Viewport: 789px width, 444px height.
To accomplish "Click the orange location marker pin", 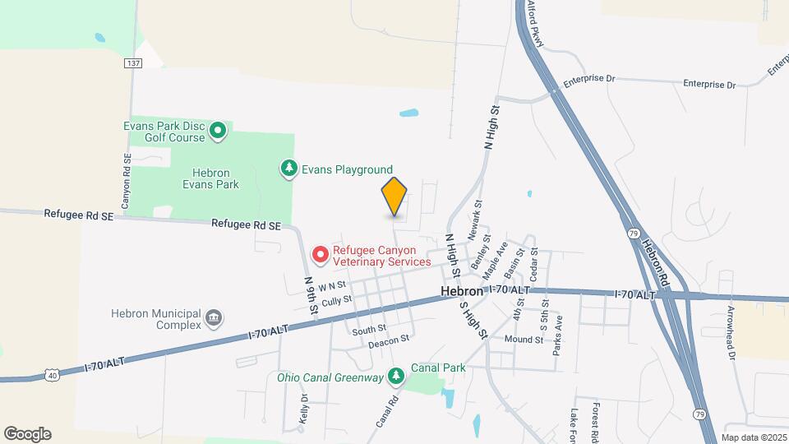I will [394, 197].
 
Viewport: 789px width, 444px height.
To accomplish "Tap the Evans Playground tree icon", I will [288, 169].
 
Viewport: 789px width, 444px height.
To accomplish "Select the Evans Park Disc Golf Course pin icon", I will [218, 130].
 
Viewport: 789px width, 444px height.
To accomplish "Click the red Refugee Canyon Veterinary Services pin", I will [320, 256].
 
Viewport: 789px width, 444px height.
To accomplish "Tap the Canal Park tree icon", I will [397, 376].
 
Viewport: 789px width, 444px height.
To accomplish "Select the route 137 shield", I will [132, 62].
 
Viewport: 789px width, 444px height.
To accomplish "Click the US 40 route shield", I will [52, 375].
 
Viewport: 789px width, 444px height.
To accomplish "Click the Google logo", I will [27, 434].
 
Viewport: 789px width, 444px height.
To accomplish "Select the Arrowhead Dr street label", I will [730, 334].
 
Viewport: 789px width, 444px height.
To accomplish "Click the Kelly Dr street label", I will [304, 409].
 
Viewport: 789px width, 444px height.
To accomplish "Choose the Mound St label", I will [524, 339].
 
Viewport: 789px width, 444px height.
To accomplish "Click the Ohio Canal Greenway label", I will [330, 378].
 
